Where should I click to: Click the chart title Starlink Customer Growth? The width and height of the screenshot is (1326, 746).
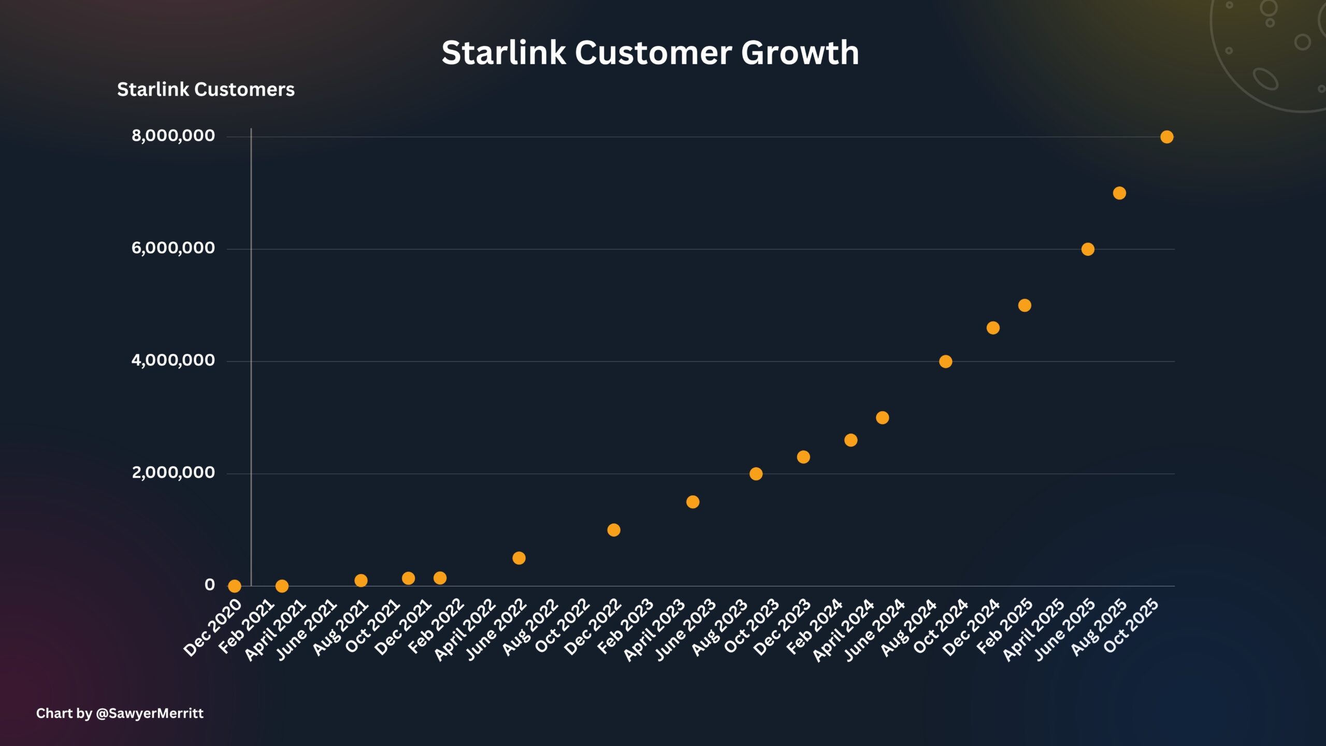(x=650, y=53)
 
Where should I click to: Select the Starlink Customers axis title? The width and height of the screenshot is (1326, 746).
(x=206, y=90)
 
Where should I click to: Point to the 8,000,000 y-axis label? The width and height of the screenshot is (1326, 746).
(x=173, y=136)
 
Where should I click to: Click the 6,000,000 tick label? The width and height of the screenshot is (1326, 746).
(x=173, y=248)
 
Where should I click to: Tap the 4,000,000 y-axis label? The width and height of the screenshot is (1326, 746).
(x=173, y=361)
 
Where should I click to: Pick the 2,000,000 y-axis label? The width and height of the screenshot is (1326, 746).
(x=173, y=472)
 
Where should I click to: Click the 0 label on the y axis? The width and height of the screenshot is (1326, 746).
(x=209, y=585)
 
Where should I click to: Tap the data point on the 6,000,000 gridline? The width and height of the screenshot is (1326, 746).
(x=1088, y=249)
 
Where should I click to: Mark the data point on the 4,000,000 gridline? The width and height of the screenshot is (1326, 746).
(x=945, y=362)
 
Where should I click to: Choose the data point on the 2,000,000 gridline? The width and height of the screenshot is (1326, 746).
(x=756, y=474)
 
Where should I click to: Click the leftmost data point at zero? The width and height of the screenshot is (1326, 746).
(x=235, y=586)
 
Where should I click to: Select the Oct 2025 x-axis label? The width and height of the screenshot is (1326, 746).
(x=1131, y=625)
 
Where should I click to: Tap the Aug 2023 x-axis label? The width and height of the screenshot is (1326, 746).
(x=720, y=627)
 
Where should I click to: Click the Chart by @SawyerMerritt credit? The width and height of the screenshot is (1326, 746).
(x=120, y=713)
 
